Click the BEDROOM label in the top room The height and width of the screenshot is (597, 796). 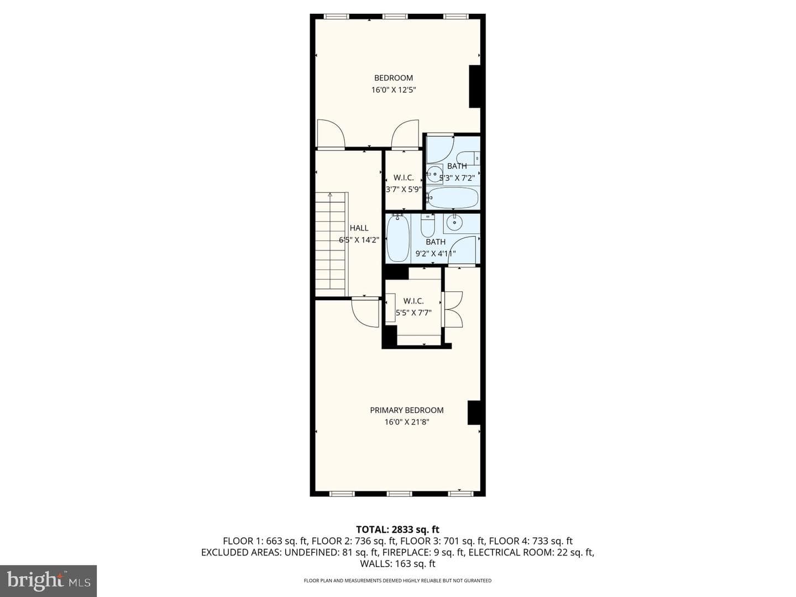point(394,78)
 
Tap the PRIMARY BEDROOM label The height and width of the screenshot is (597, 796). point(406,410)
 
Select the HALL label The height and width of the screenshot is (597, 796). point(359,228)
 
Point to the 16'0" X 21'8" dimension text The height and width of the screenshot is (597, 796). point(406,422)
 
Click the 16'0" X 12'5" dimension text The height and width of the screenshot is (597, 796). point(394,90)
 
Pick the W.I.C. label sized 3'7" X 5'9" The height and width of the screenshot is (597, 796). point(404,178)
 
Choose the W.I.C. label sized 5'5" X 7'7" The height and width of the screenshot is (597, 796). point(413,301)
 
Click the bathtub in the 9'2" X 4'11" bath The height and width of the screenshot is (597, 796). point(398,238)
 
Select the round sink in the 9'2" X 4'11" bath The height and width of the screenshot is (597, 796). point(453,223)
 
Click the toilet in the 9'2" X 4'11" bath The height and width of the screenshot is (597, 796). point(428,226)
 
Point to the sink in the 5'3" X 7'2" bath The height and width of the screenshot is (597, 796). point(434,174)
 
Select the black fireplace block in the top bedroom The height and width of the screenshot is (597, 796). point(475,87)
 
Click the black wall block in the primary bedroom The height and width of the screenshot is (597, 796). point(474,412)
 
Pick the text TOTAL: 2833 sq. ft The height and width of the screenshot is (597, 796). point(398,530)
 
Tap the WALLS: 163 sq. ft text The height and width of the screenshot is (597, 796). point(398,564)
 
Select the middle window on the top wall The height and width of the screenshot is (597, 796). point(395,17)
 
